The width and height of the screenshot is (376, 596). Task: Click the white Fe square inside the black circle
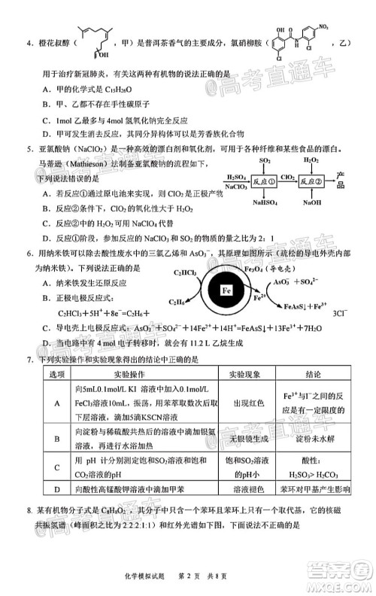[226, 288]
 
